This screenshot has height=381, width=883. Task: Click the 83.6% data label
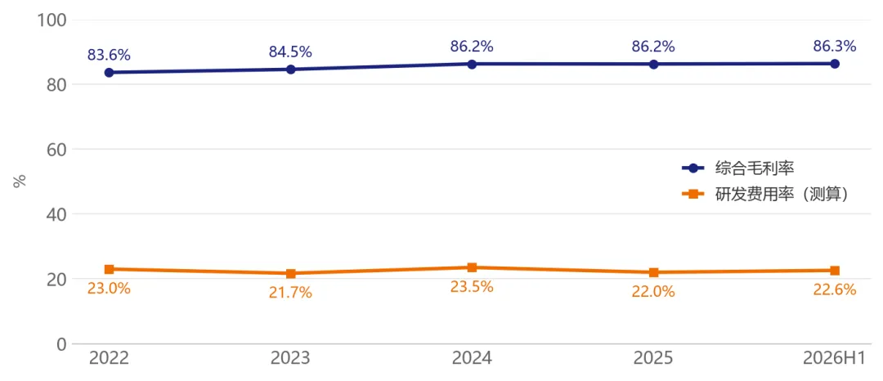109,55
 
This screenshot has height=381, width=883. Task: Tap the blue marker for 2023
290,69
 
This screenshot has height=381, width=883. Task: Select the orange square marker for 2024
472,267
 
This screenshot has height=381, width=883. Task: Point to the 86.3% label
835,46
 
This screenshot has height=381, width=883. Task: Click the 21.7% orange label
290,293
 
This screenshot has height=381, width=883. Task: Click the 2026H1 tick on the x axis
835,358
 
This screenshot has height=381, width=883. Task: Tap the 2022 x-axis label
109,358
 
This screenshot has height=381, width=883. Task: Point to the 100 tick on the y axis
52,20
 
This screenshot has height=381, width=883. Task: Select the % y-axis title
20,182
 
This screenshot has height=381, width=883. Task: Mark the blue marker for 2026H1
835,64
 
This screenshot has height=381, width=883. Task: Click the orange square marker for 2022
110,269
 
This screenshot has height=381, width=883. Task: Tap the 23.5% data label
472,286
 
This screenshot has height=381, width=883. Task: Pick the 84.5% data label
290,52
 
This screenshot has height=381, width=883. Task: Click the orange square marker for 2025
653,272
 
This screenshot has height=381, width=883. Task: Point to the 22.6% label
835,289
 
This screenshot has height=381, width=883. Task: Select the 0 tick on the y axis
62,344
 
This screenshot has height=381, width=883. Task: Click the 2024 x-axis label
472,358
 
